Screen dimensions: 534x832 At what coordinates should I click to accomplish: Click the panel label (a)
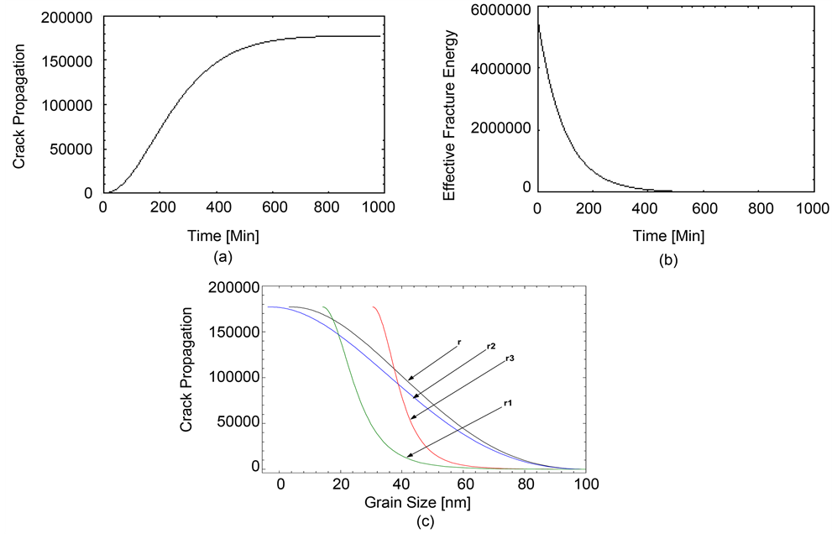[222, 257]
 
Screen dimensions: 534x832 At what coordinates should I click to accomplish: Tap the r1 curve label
[509, 404]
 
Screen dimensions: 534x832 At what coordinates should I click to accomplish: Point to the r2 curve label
[490, 347]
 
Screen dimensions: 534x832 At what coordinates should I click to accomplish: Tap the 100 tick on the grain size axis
[585, 484]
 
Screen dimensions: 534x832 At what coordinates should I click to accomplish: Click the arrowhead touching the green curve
[408, 456]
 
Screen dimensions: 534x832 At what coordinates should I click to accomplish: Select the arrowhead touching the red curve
[412, 416]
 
